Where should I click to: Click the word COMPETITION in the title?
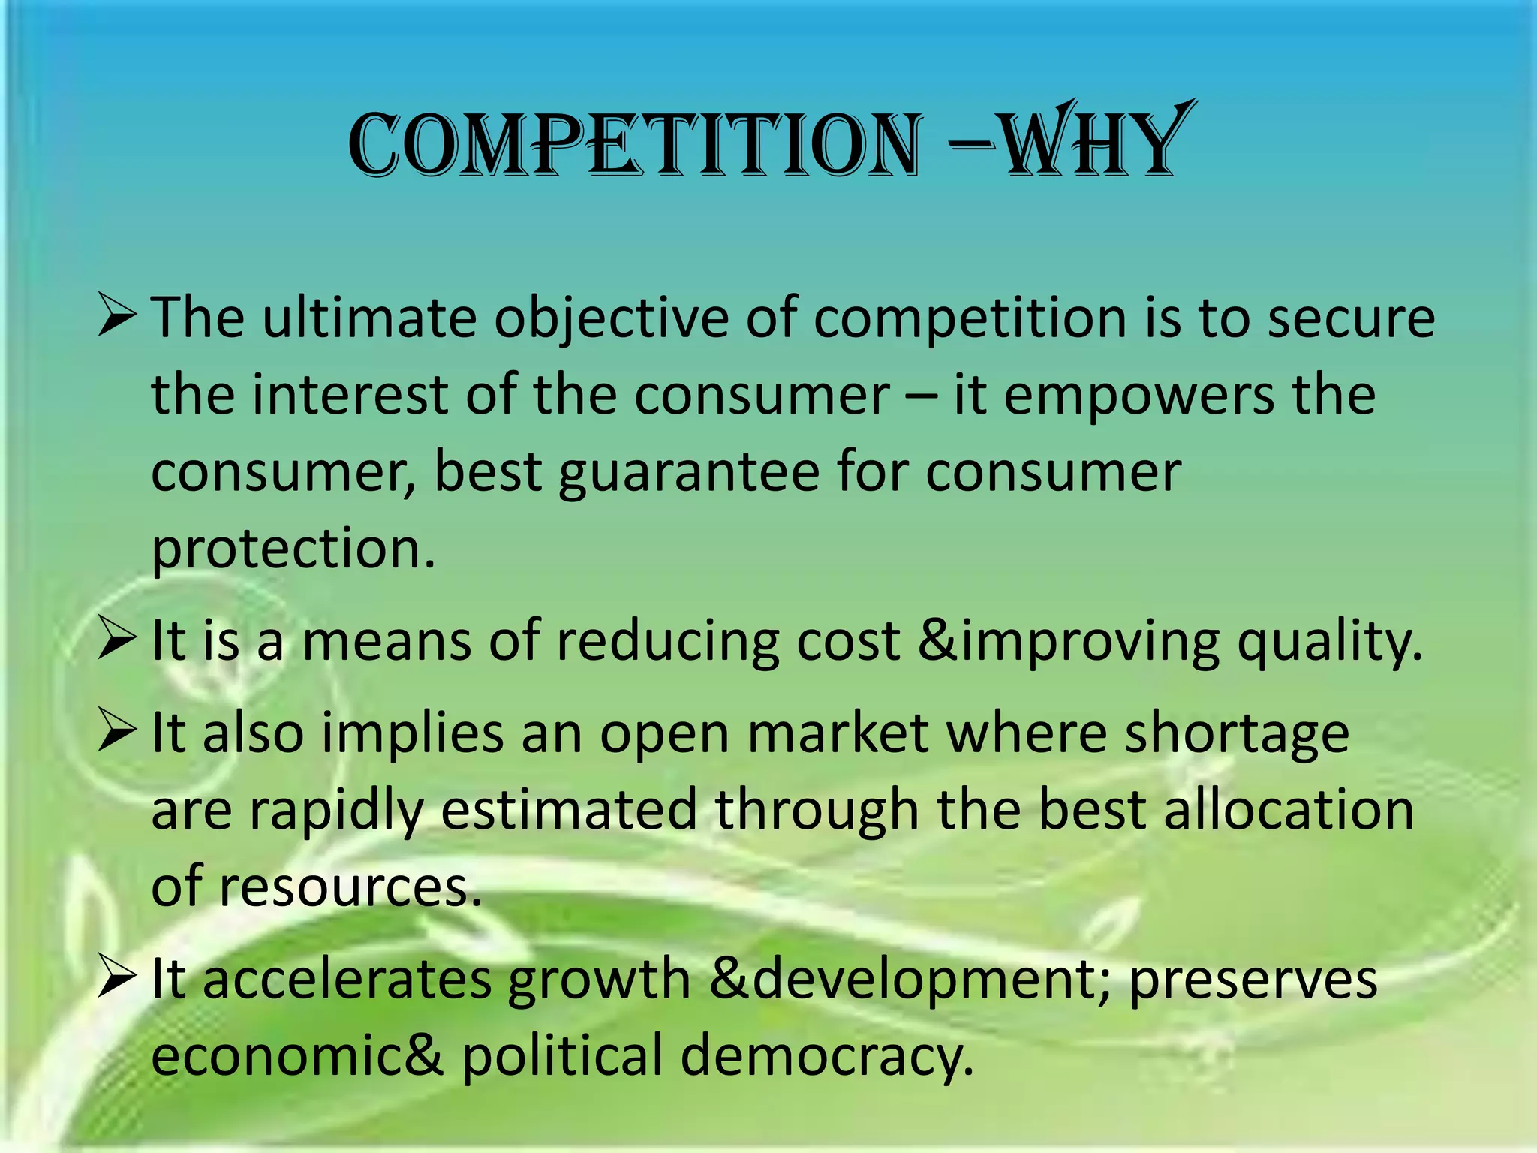[x=634, y=144]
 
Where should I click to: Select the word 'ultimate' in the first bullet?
[x=368, y=318]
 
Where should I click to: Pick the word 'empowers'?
[x=1138, y=396]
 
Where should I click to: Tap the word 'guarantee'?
[x=689, y=474]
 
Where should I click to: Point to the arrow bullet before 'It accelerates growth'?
[x=117, y=979]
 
